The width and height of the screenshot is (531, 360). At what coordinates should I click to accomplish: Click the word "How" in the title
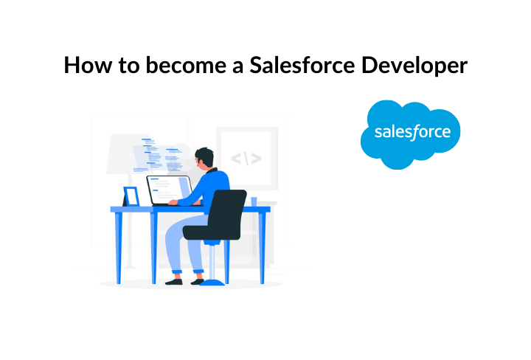tap(87, 65)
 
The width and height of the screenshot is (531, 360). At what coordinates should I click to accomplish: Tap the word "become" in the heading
tap(186, 65)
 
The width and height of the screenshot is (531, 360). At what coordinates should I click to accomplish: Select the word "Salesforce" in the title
tap(302, 64)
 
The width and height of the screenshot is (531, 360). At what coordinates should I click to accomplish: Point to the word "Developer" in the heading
tap(414, 66)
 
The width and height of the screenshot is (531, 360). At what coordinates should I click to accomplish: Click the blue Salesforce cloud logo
tap(410, 134)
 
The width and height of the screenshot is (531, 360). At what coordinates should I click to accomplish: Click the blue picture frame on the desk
tap(131, 196)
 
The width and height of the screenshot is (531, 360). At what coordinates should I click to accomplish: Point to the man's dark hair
tap(205, 156)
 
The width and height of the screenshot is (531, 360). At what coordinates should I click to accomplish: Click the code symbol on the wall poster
tap(246, 158)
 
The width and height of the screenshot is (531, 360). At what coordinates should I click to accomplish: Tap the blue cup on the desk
tap(254, 201)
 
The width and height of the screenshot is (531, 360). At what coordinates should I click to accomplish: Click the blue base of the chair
tap(212, 283)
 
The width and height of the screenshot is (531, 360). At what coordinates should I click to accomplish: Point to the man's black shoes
tap(184, 282)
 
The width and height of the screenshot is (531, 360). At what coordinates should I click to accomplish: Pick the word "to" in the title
tap(128, 66)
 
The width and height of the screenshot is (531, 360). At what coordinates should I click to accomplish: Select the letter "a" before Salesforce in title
tap(237, 67)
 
